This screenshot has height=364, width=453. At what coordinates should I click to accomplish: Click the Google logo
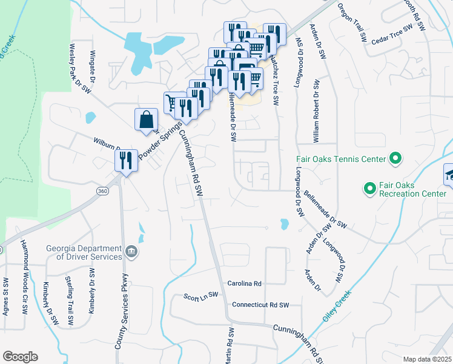point(20,357)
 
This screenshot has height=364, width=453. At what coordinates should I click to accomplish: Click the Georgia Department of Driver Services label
point(84,252)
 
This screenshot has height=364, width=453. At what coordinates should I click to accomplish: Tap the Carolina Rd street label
point(244,283)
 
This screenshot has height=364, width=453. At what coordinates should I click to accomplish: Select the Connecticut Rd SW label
point(260,305)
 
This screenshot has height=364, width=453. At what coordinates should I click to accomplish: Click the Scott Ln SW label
point(200,297)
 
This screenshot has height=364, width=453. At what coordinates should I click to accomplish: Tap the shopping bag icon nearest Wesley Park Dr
point(146,120)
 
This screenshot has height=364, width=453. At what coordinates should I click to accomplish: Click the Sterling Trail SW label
point(70,300)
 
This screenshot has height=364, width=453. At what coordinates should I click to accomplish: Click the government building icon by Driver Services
point(130,251)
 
